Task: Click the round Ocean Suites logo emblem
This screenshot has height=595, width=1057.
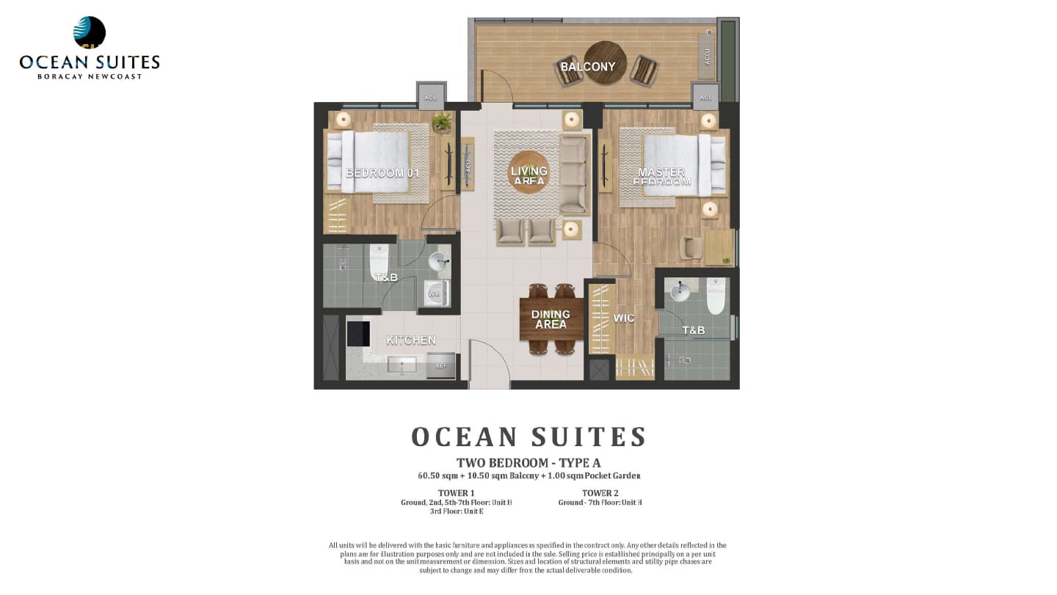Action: coord(90,32)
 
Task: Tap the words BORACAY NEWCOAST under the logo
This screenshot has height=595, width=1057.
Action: coord(90,76)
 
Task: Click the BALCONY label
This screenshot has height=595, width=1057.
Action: coord(587,67)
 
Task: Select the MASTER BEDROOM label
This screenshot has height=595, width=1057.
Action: coord(661,177)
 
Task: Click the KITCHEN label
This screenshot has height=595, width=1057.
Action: coord(411,340)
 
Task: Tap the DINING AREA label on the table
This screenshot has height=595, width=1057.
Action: coord(551,319)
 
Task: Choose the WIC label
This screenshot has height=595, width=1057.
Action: coord(624,318)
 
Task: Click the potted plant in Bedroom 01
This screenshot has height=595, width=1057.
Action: coord(442,122)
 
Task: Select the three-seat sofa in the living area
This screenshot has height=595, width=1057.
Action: coord(574,174)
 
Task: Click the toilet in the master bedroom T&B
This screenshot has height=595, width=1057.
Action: coord(716,295)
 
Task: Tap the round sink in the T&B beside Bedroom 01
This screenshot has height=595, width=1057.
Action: coord(438,260)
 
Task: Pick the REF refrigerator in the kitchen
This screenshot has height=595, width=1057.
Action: coord(441,365)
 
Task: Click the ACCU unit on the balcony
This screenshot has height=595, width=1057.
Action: coord(708,56)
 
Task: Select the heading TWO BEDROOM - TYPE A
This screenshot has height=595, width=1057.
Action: coord(528,463)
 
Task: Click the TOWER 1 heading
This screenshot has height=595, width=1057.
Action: coord(456,493)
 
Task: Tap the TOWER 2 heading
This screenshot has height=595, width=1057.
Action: coord(600,493)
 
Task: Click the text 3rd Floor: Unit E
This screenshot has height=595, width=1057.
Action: coord(456,511)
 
